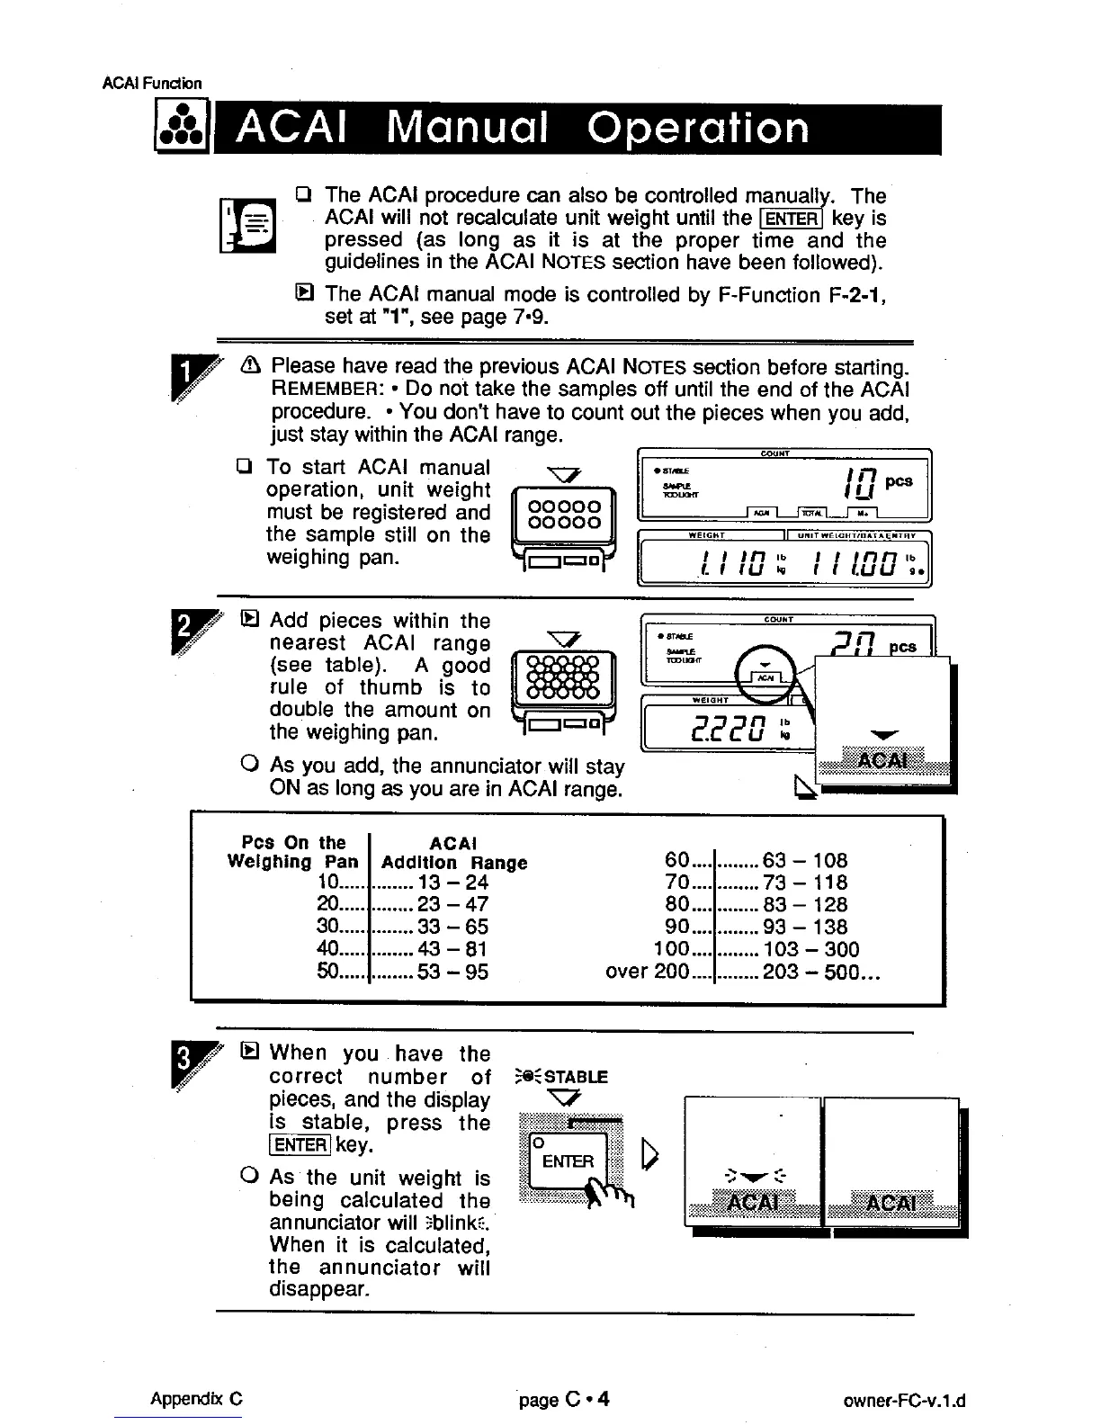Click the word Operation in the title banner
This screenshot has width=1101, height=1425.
click(697, 128)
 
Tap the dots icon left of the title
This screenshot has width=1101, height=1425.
click(181, 130)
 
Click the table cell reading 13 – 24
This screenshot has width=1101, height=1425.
click(452, 883)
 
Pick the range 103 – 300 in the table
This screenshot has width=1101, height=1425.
click(810, 949)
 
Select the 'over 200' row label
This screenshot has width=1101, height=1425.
click(648, 972)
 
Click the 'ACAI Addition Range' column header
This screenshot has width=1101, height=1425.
click(453, 853)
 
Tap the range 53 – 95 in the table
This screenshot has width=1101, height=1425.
click(452, 972)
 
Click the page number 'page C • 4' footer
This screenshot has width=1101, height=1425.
click(564, 1400)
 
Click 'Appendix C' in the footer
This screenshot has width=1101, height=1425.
click(196, 1400)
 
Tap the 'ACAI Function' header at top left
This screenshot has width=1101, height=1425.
click(152, 84)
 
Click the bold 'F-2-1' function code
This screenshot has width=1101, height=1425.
click(855, 295)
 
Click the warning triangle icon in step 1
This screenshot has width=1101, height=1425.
click(251, 367)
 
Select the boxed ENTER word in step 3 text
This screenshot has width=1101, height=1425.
click(300, 1145)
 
